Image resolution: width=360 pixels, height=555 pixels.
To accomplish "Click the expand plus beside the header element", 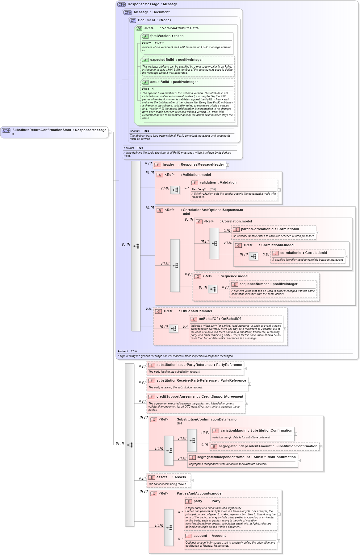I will [x=228, y=165].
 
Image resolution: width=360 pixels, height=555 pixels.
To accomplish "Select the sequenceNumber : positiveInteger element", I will [x=268, y=284].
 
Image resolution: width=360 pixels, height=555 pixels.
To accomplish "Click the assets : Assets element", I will [x=171, y=477].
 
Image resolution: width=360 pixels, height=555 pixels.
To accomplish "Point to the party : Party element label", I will [x=207, y=501].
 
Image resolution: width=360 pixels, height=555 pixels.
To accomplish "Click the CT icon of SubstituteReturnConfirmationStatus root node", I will [x=6, y=130].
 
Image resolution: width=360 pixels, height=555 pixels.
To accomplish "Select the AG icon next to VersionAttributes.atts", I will [x=139, y=29].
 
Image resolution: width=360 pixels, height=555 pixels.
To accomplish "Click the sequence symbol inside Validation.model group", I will [x=175, y=190].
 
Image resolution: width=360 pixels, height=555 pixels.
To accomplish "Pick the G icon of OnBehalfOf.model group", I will [x=158, y=312].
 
